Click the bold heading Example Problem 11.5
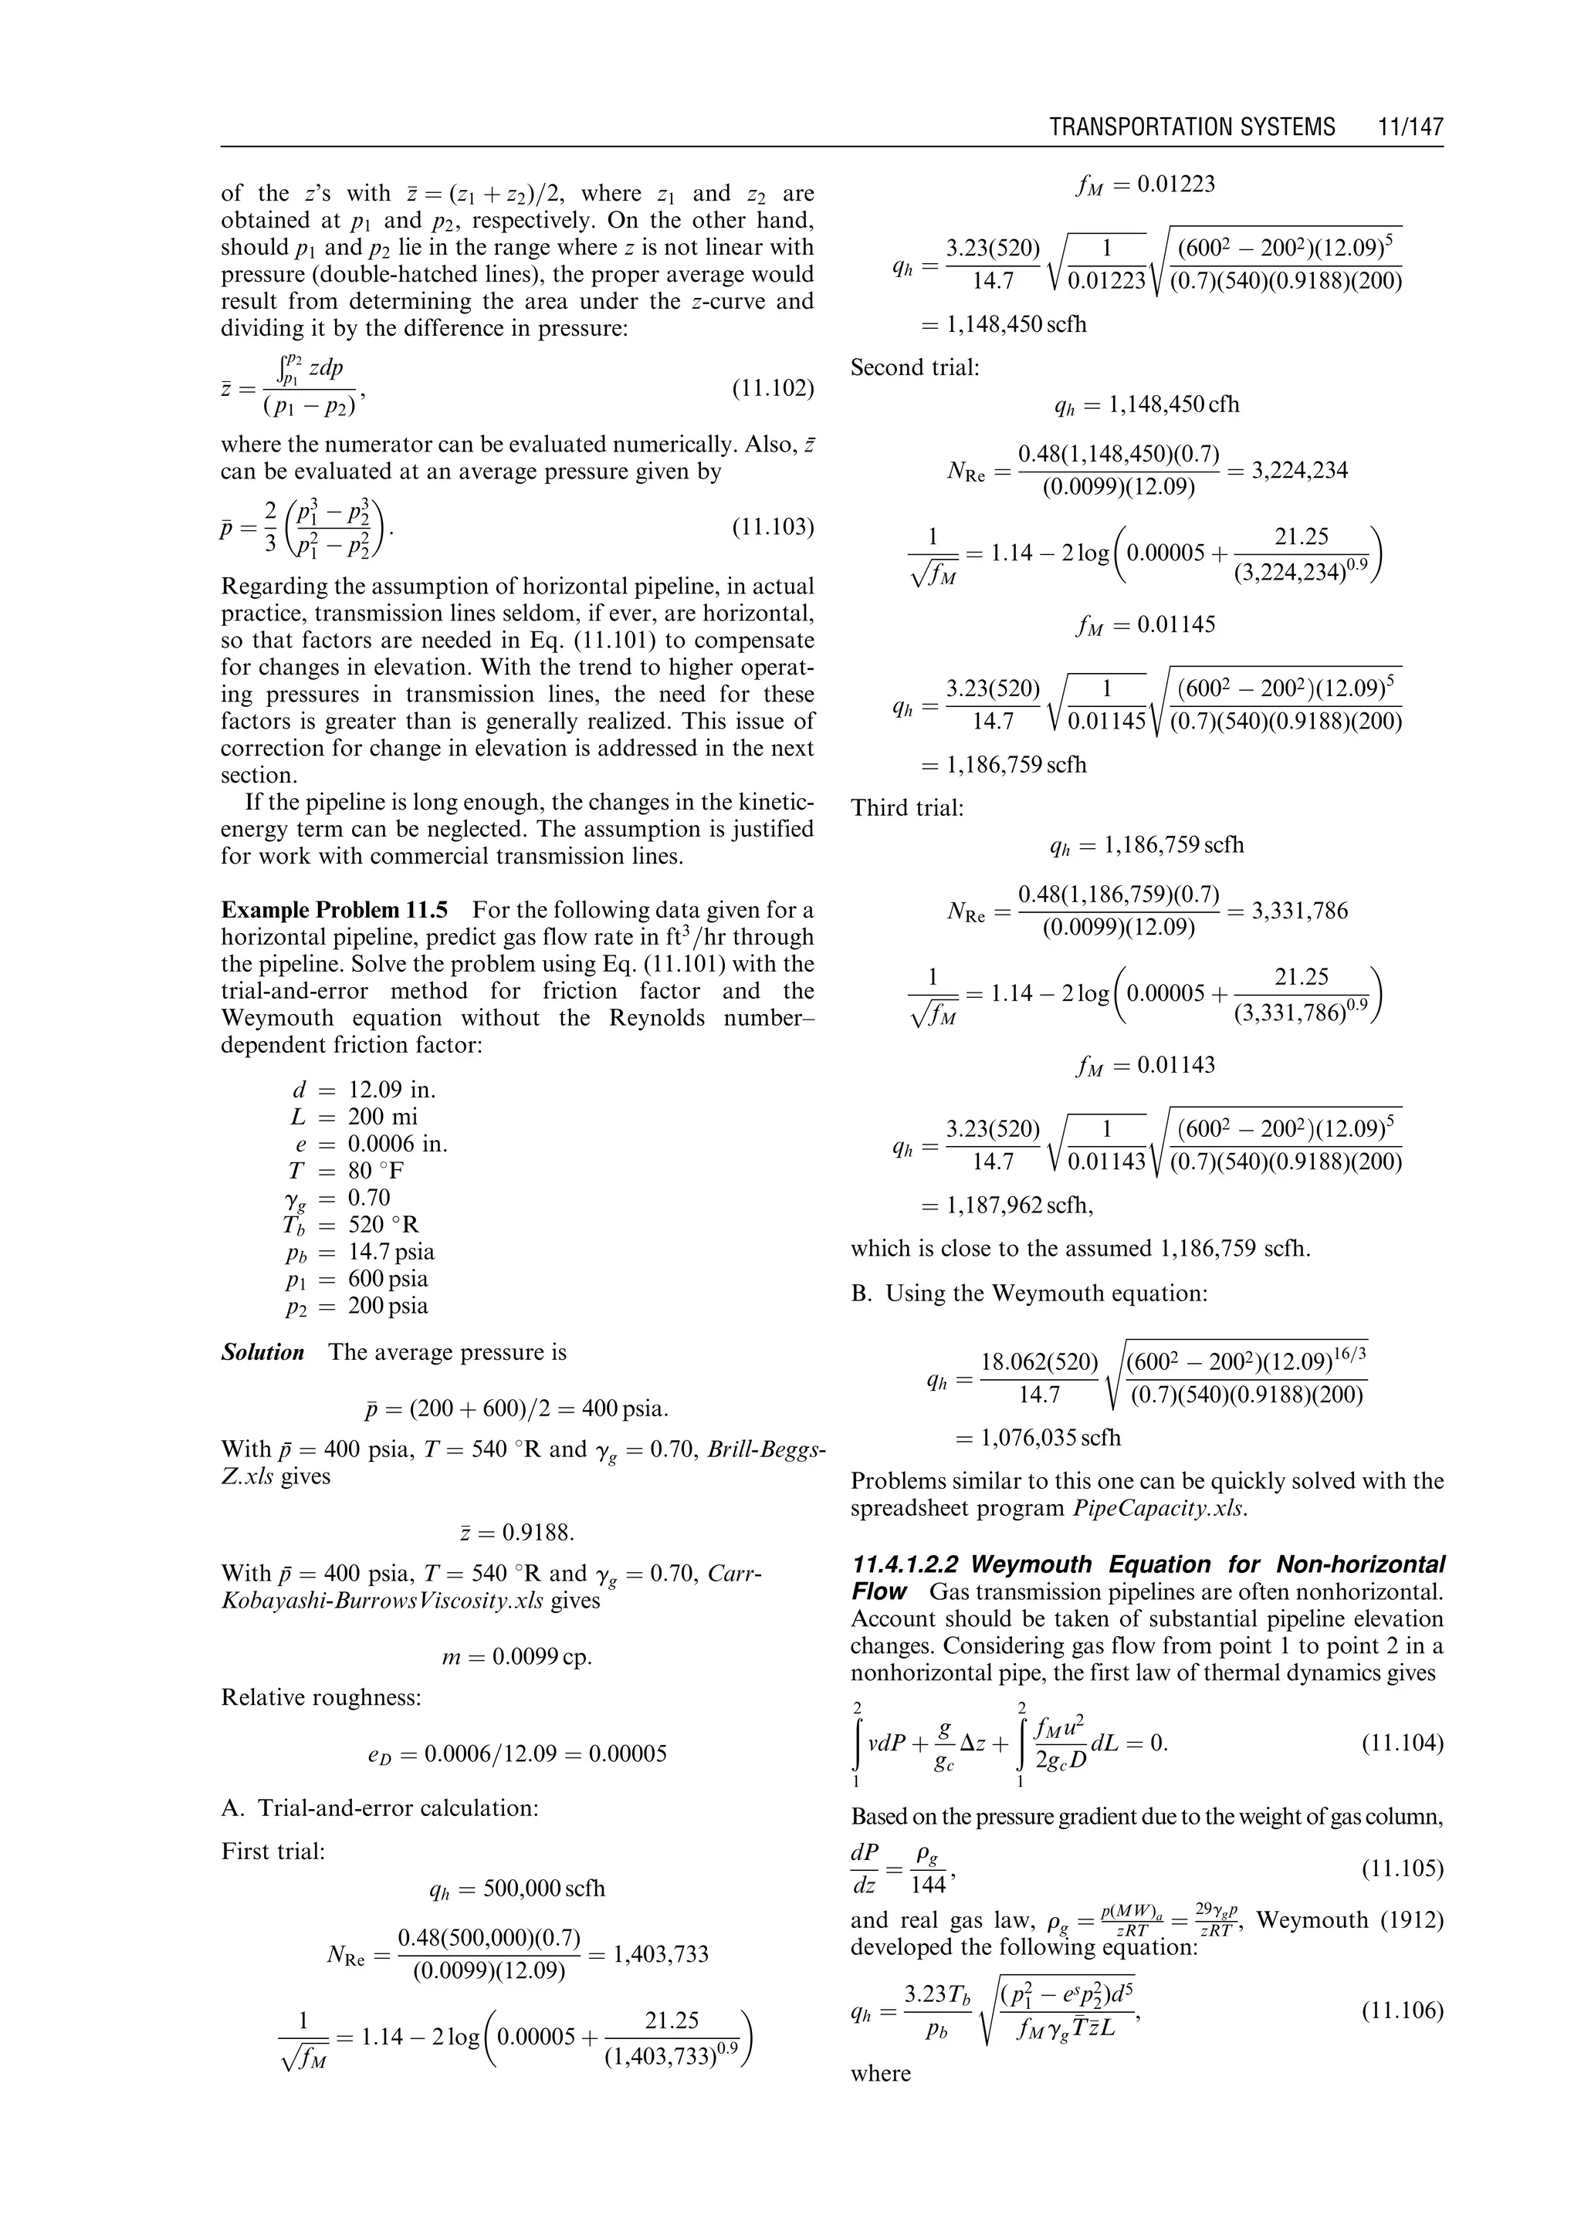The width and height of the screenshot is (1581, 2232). coord(334,910)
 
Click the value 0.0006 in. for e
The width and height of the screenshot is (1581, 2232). coord(398,1144)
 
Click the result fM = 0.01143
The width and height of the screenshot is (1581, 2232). coord(1145,1065)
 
